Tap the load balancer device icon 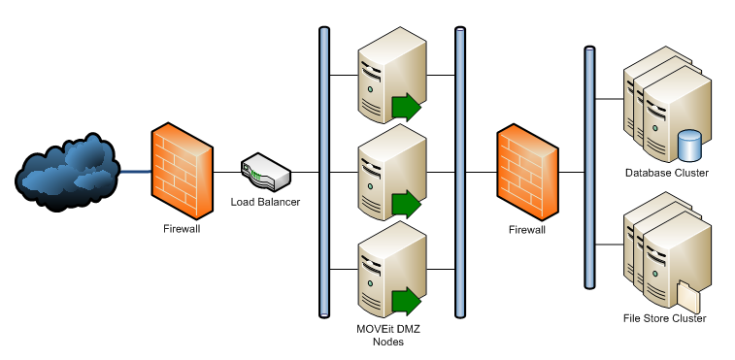pyautogui.click(x=265, y=173)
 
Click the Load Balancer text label pyautogui.click(x=265, y=202)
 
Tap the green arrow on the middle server pyautogui.click(x=407, y=205)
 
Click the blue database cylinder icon pyautogui.click(x=689, y=146)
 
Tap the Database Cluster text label pyautogui.click(x=667, y=173)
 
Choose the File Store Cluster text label pyautogui.click(x=664, y=318)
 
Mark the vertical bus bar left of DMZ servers pyautogui.click(x=324, y=172)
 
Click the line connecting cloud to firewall pyautogui.click(x=133, y=173)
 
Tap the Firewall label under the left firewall pyautogui.click(x=182, y=230)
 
